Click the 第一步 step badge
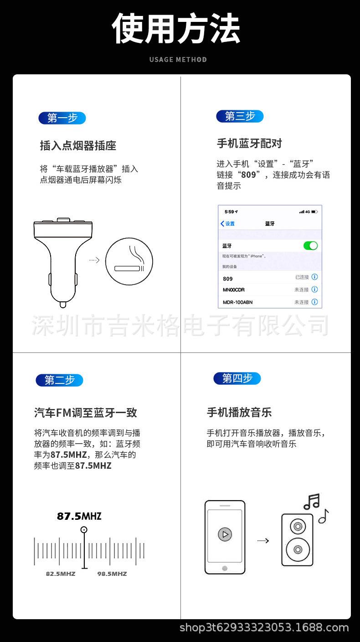tap(62, 118)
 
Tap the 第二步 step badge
tap(59, 380)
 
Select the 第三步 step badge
tap(240, 116)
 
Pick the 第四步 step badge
tap(237, 378)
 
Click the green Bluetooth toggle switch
tap(310, 246)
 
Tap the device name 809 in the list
tap(228, 279)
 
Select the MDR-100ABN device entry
tap(237, 302)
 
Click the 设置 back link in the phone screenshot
tap(228, 223)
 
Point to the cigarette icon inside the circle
tap(129, 268)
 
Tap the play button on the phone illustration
tap(225, 534)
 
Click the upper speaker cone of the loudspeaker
tap(298, 527)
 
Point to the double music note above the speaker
tap(312, 502)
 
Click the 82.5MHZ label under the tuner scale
tap(61, 574)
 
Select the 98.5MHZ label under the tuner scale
tap(112, 574)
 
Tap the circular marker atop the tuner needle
tap(84, 530)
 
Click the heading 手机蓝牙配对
tap(249, 144)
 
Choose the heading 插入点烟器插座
tap(78, 146)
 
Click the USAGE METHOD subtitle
tap(178, 60)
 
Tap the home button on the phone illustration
tap(225, 568)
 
